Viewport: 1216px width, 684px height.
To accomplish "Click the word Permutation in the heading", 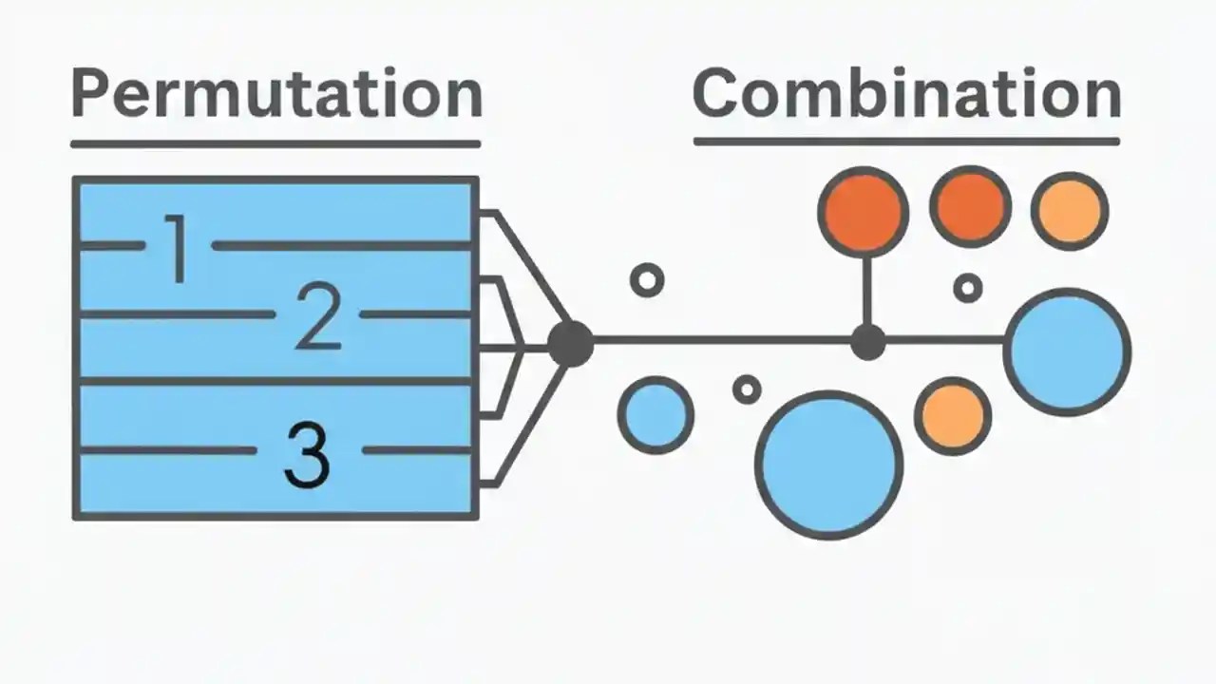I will pos(275,93).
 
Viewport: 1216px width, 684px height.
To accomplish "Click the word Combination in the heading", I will pos(906,93).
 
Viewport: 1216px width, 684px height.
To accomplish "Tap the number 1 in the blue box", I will pos(178,249).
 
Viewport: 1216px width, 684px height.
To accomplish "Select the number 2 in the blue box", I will pos(317,317).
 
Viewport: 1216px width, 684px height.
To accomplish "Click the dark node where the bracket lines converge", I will pos(571,343).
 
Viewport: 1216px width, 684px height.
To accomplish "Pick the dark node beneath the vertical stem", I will pos(866,342).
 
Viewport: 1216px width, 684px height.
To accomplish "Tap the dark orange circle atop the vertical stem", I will pos(863,211).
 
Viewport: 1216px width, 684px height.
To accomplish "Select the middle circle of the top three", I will pos(970,207).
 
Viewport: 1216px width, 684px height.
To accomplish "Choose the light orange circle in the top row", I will pos(1070,211).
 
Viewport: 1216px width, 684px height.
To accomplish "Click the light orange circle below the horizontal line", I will pos(953,415).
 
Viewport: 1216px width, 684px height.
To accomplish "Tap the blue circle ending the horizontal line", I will pos(1067,351).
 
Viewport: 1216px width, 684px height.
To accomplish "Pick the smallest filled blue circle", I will pos(655,415).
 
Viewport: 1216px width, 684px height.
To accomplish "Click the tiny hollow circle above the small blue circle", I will pos(647,280).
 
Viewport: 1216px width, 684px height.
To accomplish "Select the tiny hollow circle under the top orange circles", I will pos(967,287).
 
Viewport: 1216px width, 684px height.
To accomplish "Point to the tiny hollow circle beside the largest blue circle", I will pos(747,389).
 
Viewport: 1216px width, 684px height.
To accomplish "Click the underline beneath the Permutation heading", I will pos(275,144).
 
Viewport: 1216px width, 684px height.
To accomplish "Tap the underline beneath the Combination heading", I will pos(906,142).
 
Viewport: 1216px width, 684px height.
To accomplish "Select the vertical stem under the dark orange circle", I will pos(866,290).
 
